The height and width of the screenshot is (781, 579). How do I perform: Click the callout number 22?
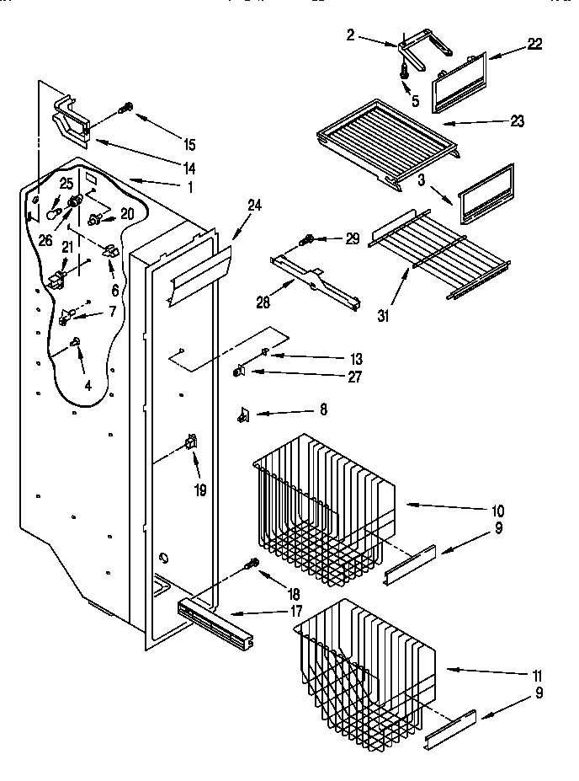click(x=534, y=45)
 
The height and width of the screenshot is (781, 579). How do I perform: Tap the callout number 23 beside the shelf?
click(x=516, y=121)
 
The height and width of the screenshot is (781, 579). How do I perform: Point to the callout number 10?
click(x=497, y=510)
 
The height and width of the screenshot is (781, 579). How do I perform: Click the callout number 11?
click(x=536, y=675)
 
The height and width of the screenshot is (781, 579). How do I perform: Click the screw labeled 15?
click(x=128, y=107)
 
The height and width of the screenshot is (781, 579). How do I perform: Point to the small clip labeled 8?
click(x=244, y=414)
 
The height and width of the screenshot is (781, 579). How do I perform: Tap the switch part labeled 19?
click(x=191, y=441)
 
